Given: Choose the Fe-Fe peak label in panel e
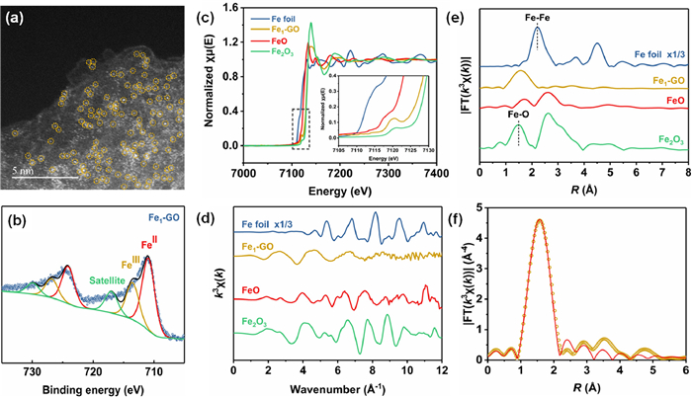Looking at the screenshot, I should coord(537,17).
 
